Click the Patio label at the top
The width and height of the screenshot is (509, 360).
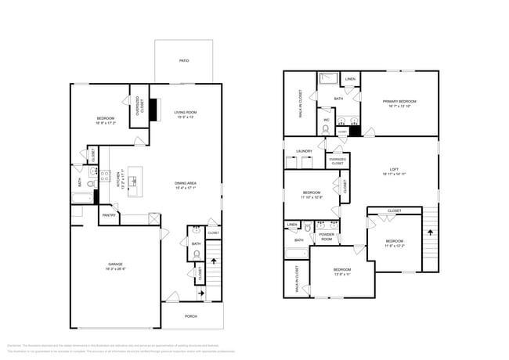184,60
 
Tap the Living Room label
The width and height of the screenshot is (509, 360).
185,114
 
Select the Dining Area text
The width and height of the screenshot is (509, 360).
185,185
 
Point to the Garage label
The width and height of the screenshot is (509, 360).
115,268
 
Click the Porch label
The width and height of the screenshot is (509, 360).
190,316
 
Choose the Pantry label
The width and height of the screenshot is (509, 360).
109,215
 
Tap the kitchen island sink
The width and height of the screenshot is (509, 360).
133,182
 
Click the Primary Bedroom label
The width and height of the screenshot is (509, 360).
399,103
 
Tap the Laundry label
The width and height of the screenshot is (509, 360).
304,151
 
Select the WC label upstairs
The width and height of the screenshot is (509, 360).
327,120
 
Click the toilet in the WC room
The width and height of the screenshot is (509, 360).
327,129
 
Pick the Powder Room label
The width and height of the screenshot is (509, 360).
327,236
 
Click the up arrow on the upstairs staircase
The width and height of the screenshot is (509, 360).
429,232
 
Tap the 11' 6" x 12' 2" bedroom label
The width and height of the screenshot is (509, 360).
394,243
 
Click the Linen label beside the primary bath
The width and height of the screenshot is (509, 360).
350,80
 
